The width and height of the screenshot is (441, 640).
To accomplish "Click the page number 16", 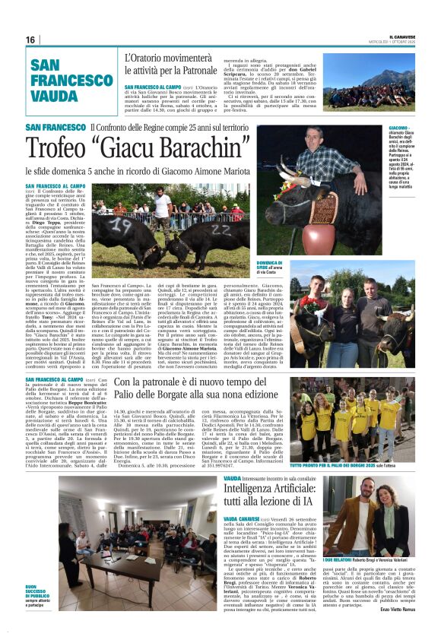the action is pyautogui.click(x=30, y=40).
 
